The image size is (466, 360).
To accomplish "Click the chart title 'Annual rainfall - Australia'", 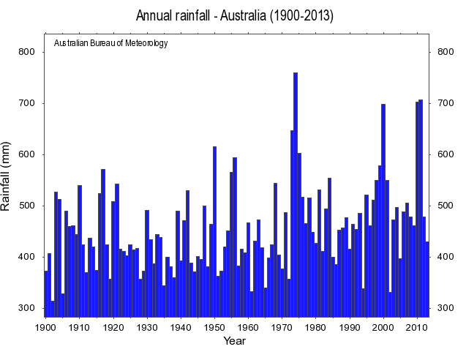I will pos(235,16).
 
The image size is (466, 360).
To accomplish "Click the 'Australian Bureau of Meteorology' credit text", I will pos(111,43).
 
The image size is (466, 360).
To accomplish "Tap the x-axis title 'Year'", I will pos(234,340).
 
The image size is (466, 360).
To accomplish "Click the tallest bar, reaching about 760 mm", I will pos(296,190).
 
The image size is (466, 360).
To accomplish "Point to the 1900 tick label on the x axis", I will pos(45,326).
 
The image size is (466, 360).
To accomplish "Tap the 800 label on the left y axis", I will pos(27,52).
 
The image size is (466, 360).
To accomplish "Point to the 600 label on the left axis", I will pos(27,154).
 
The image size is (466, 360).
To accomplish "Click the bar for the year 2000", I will pos(383,212).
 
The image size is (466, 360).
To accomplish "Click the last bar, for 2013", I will pos(427,278).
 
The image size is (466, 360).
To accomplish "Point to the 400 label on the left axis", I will pos(27,257).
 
